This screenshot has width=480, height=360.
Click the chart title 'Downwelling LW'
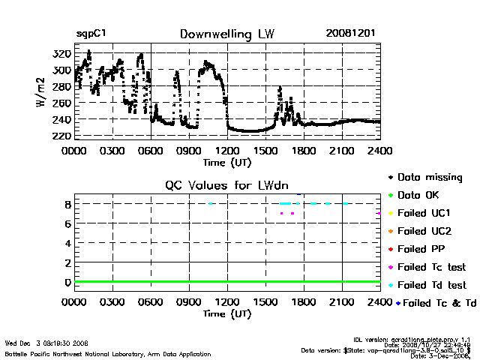(226, 34)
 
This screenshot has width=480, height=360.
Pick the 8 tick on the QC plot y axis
(67, 204)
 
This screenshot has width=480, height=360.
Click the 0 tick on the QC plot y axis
(67, 283)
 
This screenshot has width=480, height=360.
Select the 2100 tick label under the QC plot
(342, 303)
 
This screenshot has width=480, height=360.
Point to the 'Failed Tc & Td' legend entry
(434, 303)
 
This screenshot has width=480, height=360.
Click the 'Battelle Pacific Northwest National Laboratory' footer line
(107, 354)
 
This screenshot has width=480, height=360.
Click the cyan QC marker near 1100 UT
(211, 203)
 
